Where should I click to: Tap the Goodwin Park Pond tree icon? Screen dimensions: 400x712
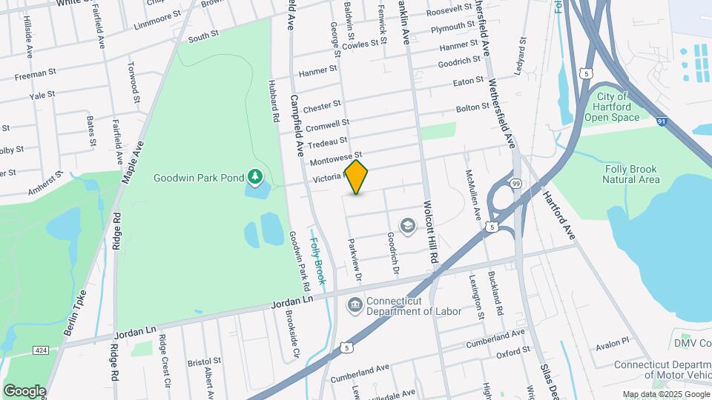(x=256, y=177)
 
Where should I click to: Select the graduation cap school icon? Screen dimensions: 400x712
(x=407, y=224)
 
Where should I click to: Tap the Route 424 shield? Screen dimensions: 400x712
(x=39, y=349)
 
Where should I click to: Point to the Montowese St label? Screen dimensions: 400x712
(x=334, y=159)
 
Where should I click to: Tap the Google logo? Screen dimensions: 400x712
(x=24, y=390)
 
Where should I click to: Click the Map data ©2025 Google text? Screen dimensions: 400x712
(x=665, y=394)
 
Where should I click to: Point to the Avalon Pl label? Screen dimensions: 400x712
(x=614, y=341)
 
